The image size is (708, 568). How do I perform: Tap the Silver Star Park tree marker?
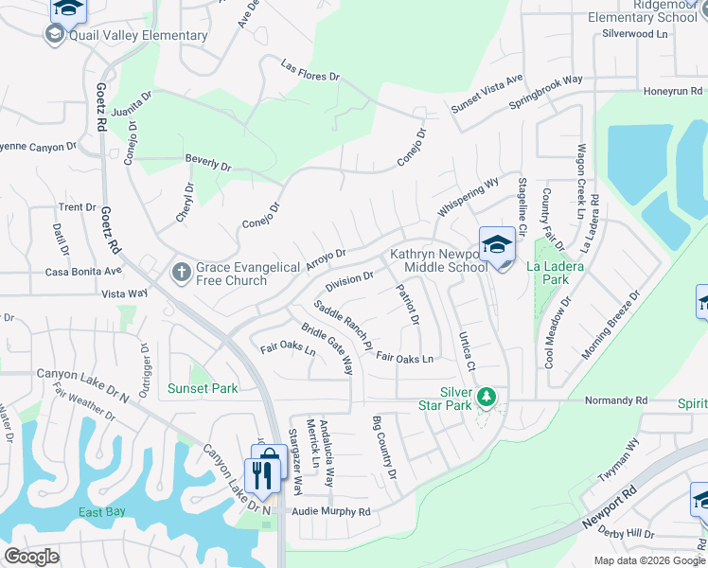(x=487, y=396)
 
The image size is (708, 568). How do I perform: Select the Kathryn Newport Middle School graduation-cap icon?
(x=497, y=245)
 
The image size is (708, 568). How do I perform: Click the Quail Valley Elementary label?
(x=137, y=36)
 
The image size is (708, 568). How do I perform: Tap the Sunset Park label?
(x=203, y=388)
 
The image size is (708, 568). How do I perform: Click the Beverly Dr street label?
(x=208, y=163)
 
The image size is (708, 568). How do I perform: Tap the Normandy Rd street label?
(x=614, y=400)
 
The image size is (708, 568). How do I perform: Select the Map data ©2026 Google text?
(x=649, y=560)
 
